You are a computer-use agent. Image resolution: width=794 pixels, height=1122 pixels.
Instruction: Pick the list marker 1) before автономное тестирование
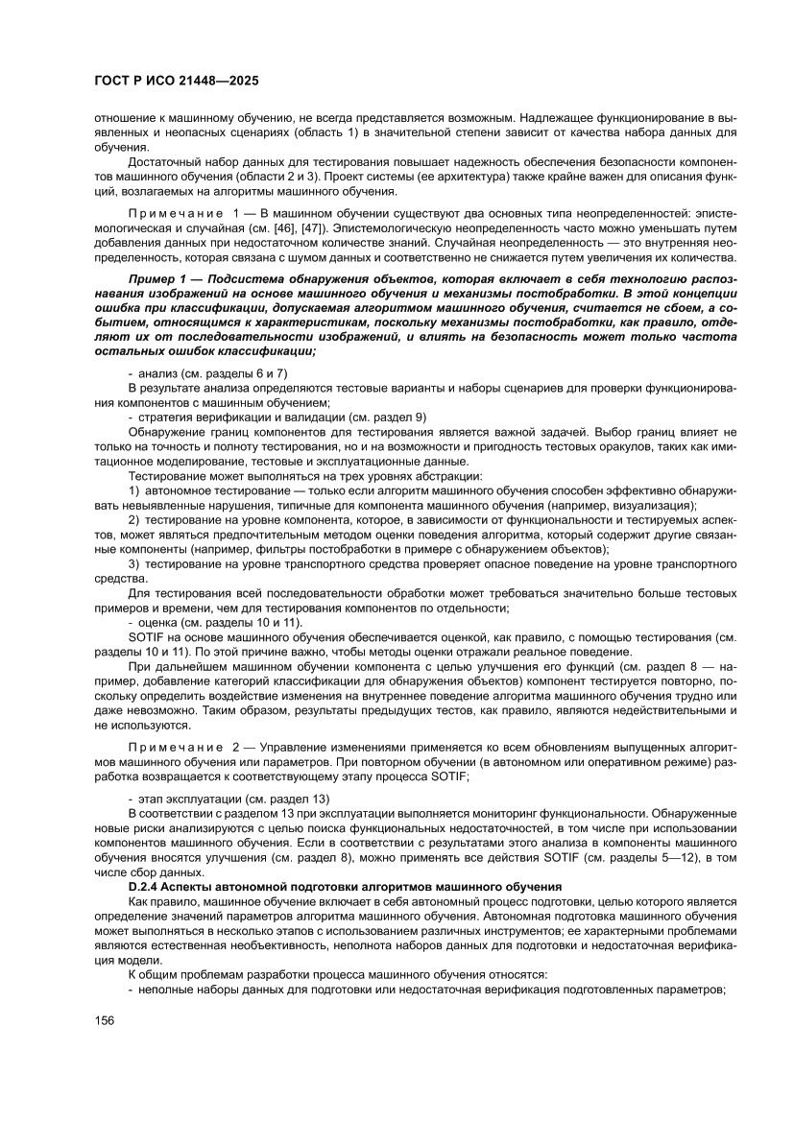coord(134,490)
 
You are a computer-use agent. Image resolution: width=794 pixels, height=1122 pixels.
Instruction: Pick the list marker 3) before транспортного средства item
coord(134,563)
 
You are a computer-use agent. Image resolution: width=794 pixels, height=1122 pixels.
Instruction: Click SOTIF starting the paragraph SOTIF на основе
coord(145,637)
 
